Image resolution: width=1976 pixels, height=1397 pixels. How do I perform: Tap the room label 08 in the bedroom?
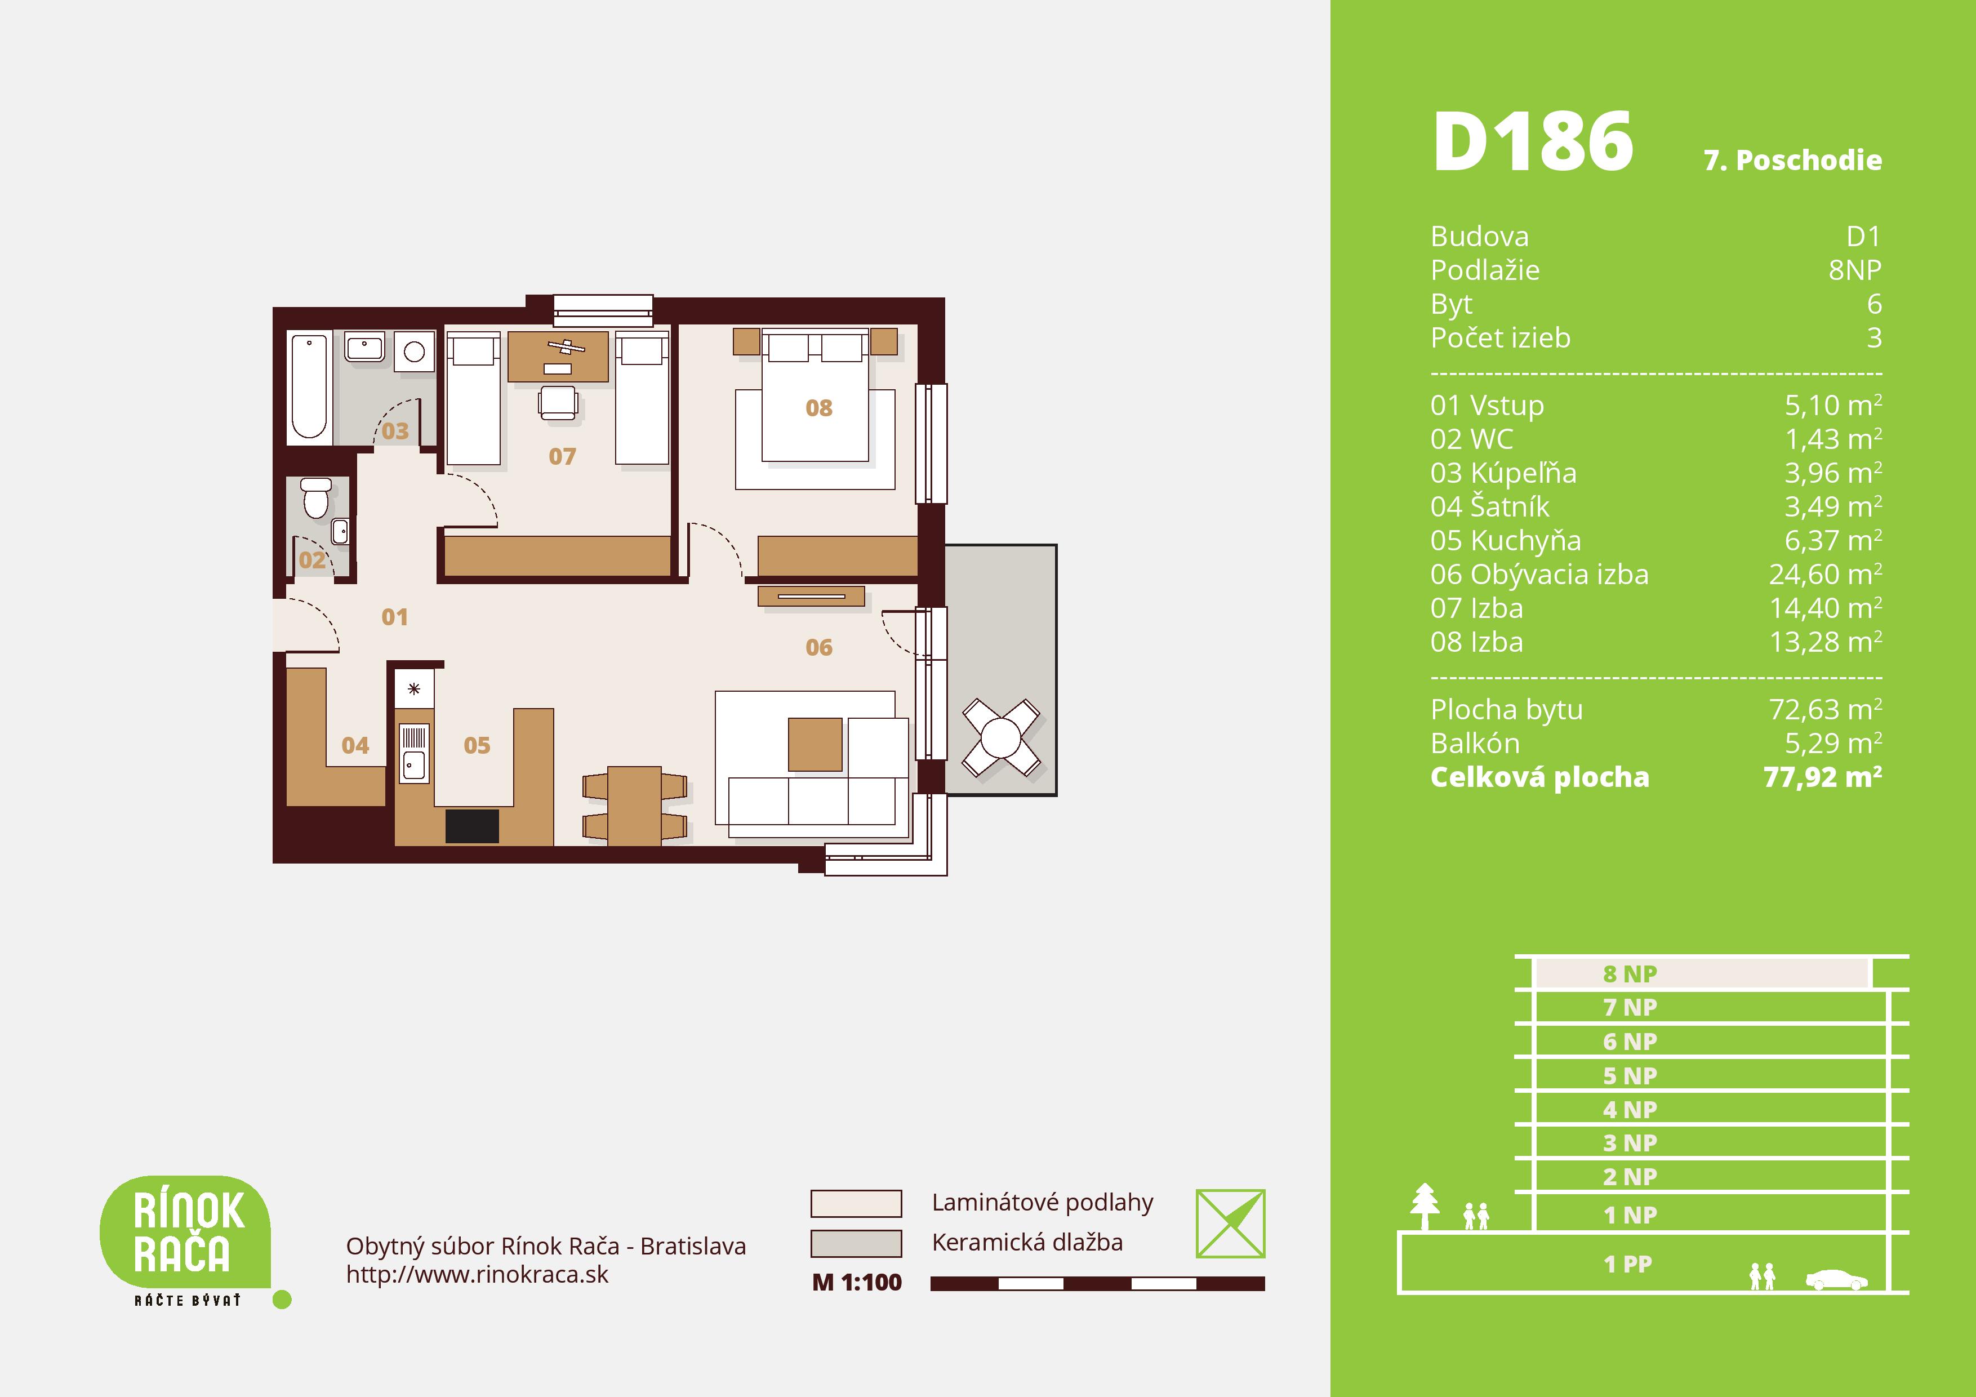[818, 408]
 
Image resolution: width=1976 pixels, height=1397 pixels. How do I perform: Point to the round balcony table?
[1001, 738]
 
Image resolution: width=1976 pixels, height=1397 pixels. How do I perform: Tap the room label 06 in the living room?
[818, 647]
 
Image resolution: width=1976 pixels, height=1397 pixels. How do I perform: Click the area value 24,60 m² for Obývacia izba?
[1824, 574]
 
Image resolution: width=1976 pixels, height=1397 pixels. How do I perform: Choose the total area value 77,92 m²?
[1822, 777]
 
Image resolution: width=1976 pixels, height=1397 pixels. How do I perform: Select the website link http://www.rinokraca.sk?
[477, 1275]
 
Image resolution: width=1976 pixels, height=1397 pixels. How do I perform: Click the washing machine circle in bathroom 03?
[414, 351]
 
